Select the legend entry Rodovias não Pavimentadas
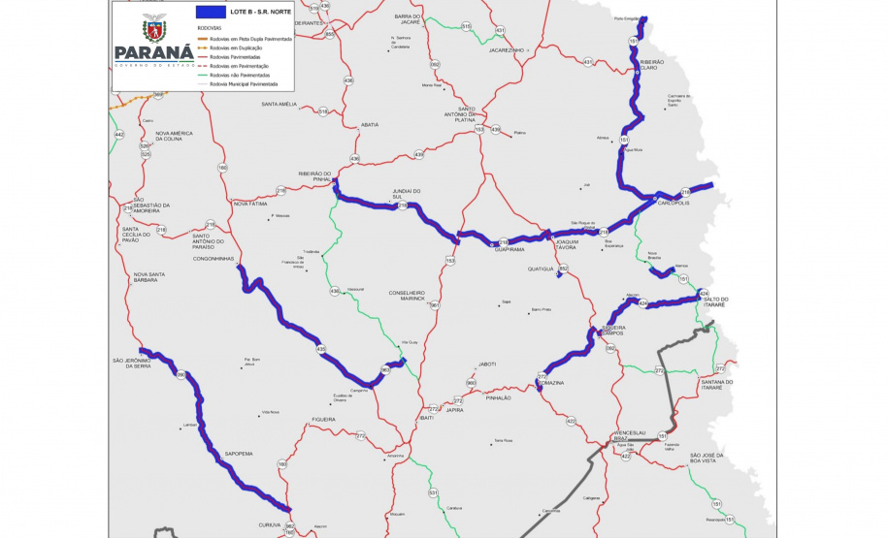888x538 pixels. [x=238, y=75]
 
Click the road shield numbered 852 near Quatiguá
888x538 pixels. [x=564, y=269]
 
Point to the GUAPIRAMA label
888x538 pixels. [x=510, y=249]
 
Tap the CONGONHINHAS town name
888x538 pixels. [x=214, y=259]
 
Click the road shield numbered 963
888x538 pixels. [x=385, y=369]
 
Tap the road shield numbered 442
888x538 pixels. [x=119, y=134]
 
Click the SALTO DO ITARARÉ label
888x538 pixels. [x=738, y=301]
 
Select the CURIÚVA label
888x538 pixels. [x=270, y=523]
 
